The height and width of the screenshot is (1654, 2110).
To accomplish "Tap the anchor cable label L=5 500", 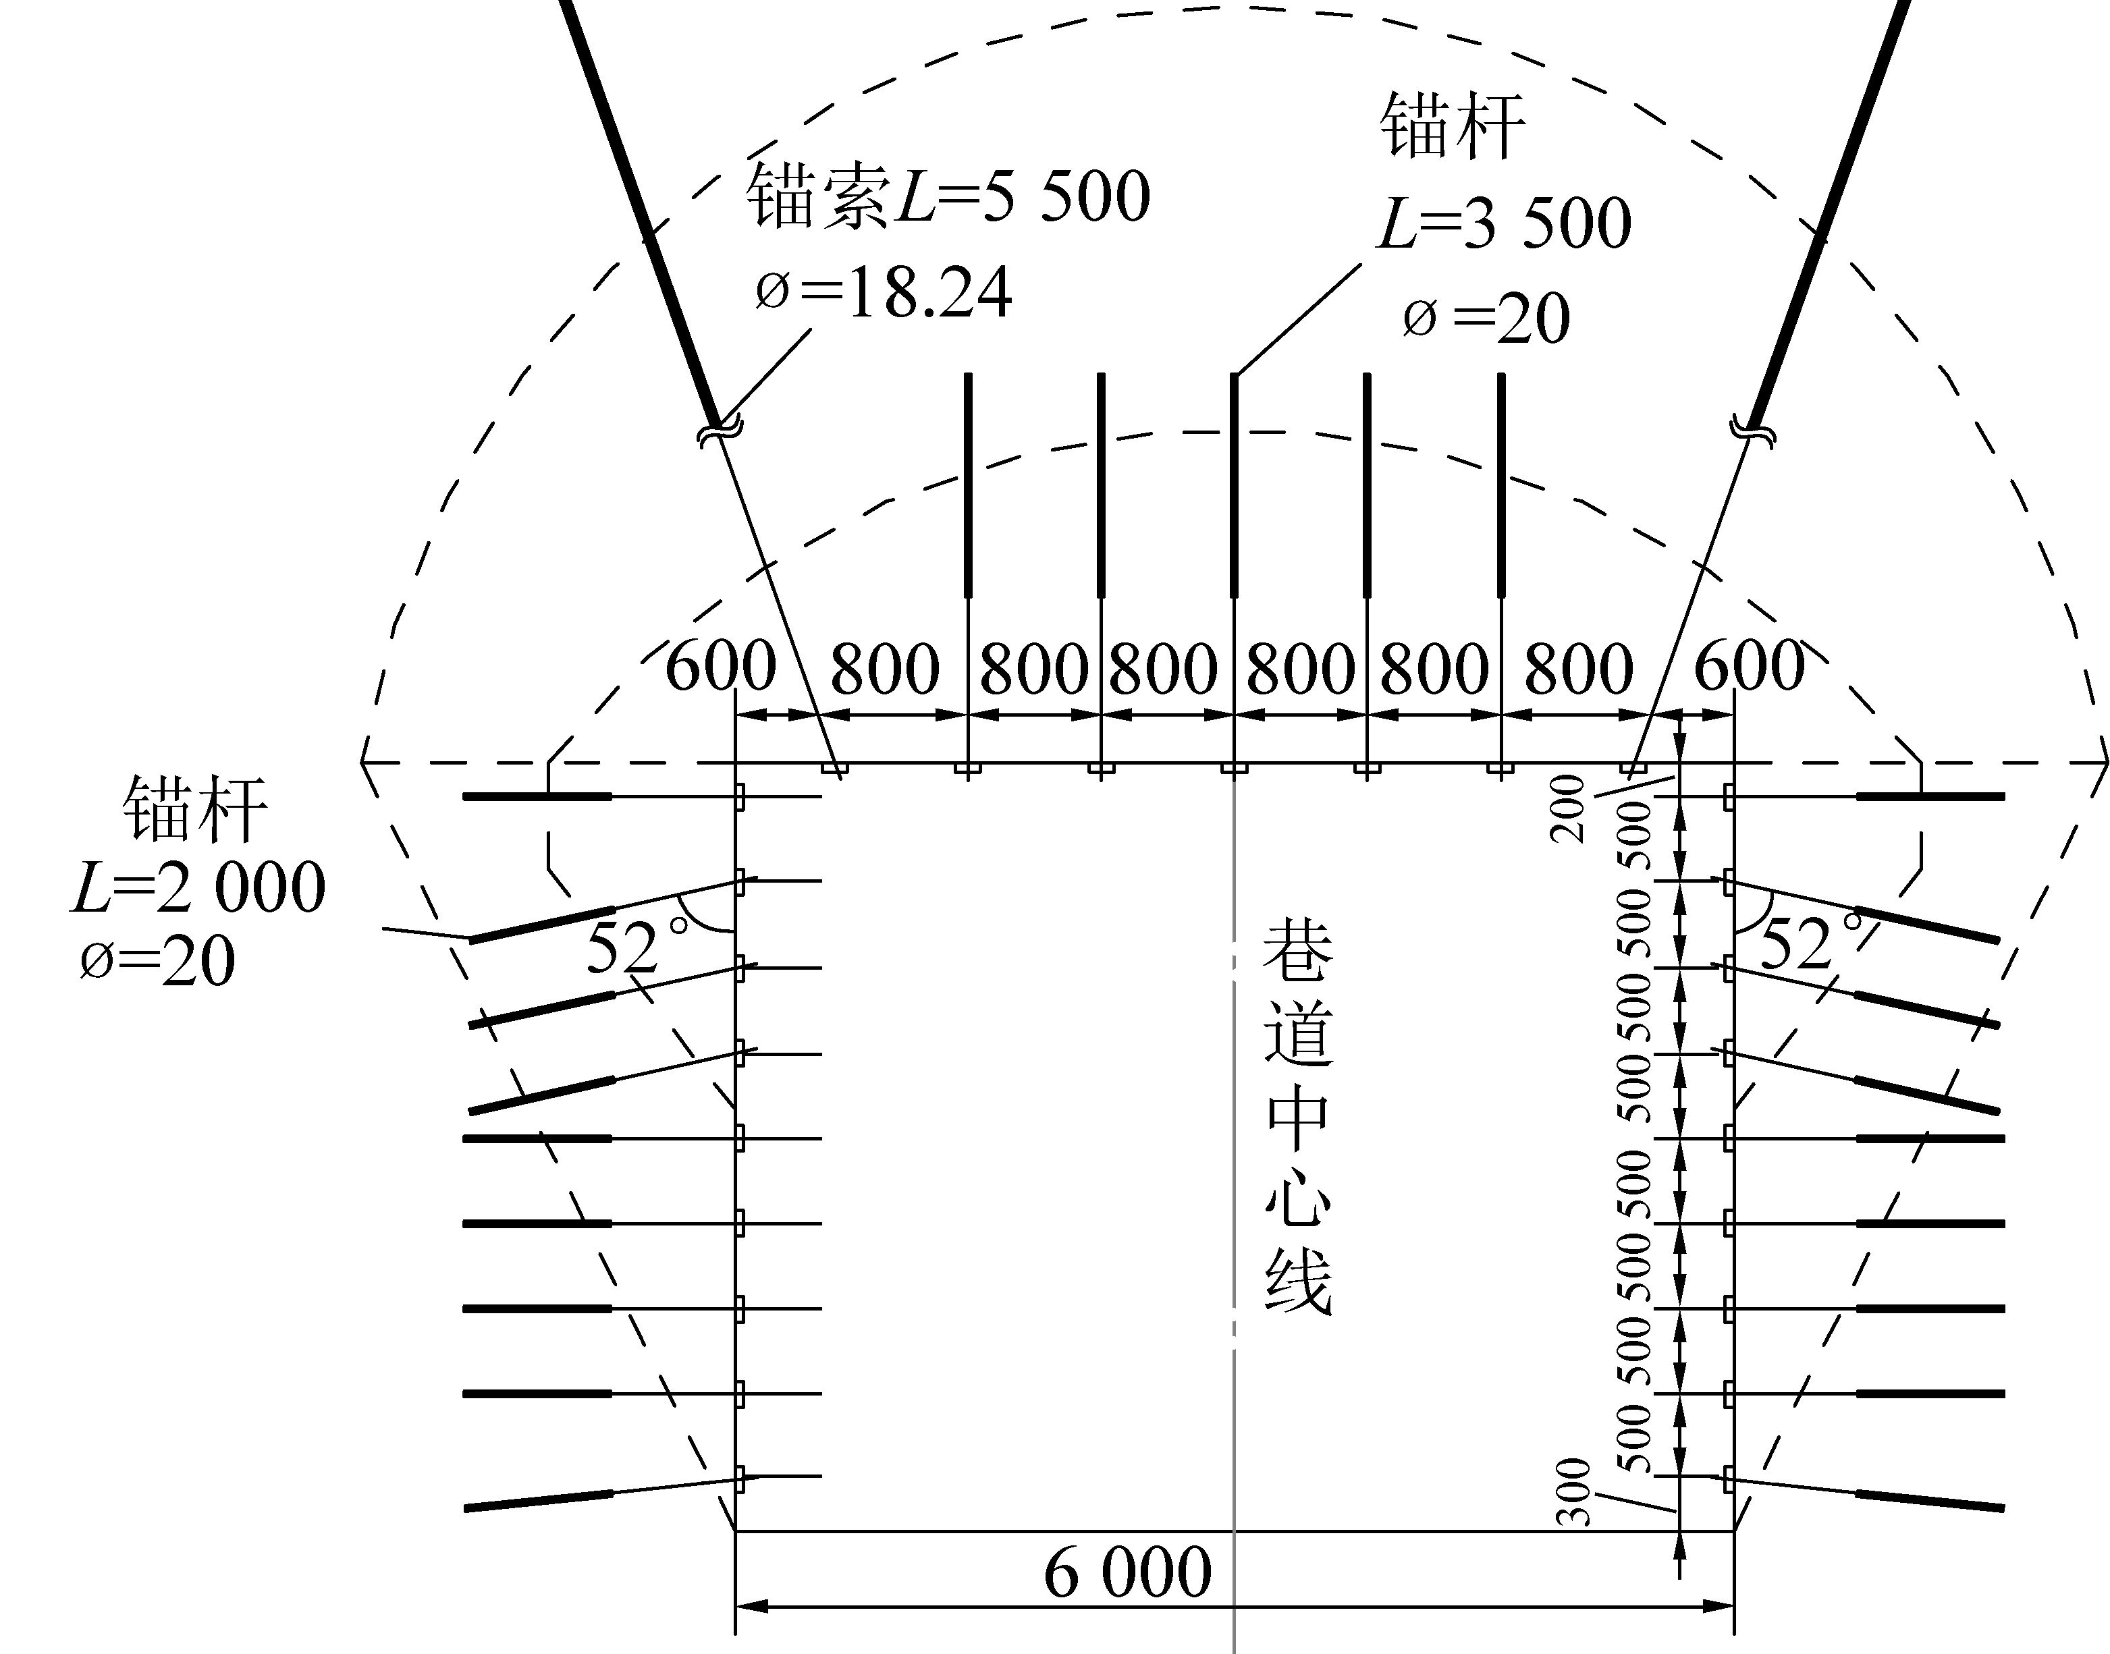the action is point(1023,196).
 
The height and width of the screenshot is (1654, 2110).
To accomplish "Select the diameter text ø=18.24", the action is point(883,292).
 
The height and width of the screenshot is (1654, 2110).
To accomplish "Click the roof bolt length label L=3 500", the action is point(1504,223).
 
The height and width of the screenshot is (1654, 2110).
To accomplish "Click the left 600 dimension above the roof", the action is point(722,665).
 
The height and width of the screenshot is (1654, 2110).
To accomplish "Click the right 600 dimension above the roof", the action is point(1750,665).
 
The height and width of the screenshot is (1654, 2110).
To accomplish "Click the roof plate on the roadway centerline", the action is point(1234,769).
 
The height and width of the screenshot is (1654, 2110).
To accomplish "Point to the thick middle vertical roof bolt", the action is point(1234,485).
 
